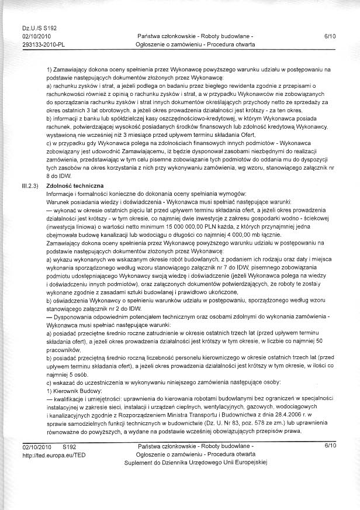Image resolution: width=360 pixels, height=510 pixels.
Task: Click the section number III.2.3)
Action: pyautogui.click(x=30, y=185)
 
